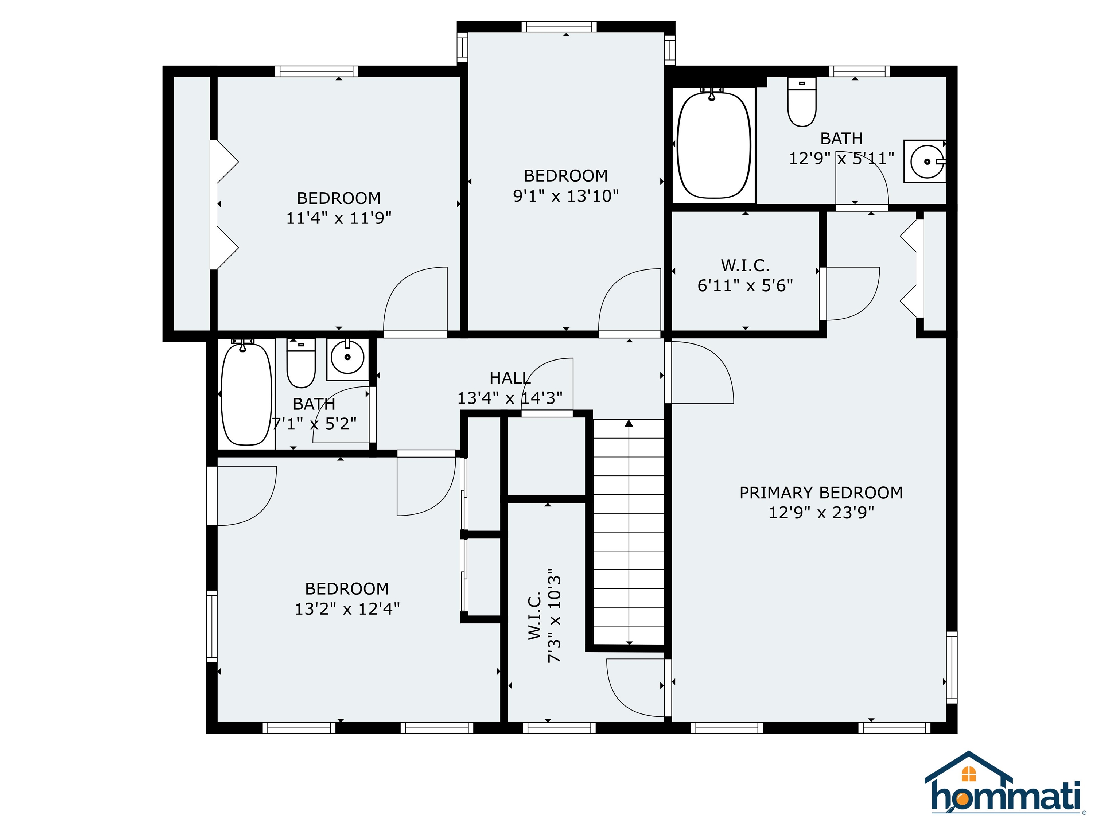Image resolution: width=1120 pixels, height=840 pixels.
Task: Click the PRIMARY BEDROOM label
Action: tap(821, 493)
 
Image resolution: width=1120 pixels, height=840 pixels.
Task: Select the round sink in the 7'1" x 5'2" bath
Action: tap(347, 357)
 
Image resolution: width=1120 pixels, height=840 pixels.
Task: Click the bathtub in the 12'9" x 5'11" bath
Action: tap(713, 145)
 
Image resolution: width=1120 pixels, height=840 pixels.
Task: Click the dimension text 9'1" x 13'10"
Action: tap(565, 196)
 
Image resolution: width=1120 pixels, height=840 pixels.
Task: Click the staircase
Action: tap(628, 532)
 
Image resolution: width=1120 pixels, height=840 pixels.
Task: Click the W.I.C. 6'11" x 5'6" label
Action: tap(745, 276)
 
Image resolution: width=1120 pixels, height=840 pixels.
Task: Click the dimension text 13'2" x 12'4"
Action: tap(347, 608)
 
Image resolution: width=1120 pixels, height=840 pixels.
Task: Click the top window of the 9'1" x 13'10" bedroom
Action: tap(559, 27)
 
